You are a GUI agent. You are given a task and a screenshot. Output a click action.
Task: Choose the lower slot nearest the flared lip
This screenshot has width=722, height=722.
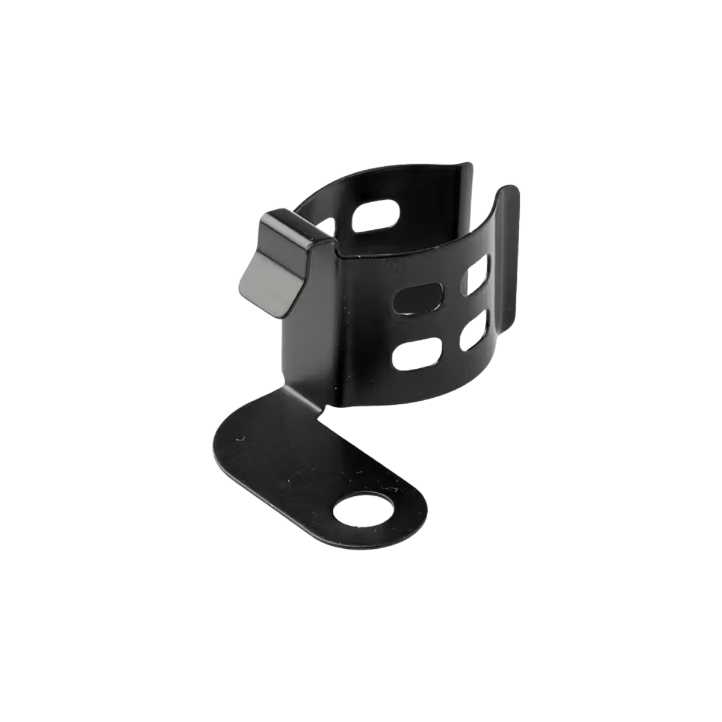tap(475, 334)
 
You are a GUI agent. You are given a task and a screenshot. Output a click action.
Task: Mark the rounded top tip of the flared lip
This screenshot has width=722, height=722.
tap(509, 191)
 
